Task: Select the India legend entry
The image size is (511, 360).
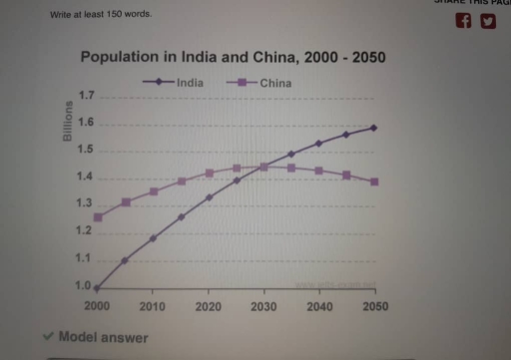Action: tap(190, 83)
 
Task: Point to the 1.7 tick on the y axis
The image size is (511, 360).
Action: tap(85, 97)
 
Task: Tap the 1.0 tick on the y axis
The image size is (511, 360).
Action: tap(83, 286)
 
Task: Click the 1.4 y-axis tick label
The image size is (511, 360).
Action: tap(84, 178)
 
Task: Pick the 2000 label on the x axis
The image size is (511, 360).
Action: tap(98, 306)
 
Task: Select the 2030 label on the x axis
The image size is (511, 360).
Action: tap(263, 306)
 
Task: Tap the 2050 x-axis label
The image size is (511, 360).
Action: tap(373, 306)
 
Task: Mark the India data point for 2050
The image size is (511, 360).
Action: tap(373, 128)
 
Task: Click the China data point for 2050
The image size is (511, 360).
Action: tap(373, 181)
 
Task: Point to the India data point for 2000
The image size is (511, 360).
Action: tap(98, 287)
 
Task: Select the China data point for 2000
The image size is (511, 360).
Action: tap(98, 217)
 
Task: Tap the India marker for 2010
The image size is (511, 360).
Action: tap(153, 238)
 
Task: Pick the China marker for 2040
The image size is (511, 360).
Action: tap(318, 171)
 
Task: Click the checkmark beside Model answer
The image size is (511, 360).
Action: tap(48, 337)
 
